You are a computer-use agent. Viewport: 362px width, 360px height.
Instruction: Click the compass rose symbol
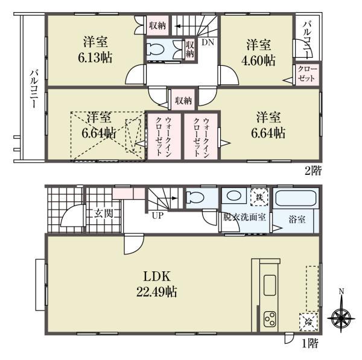coord(341,317)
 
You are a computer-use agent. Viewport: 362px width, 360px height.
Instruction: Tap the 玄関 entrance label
coord(103,213)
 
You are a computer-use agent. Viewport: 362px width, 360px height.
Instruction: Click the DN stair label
coord(208,43)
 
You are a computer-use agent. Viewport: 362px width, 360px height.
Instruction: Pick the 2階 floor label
coord(313,171)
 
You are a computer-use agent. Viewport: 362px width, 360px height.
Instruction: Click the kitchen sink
coord(269,285)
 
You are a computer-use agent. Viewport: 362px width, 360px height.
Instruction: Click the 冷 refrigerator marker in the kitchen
coord(308,321)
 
